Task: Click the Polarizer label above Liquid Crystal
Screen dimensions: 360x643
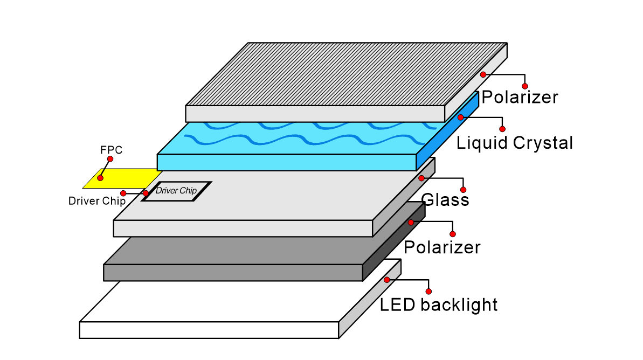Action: pyautogui.click(x=520, y=98)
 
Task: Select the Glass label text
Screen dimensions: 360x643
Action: pyautogui.click(x=445, y=200)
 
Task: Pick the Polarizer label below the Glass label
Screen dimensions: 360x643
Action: pyautogui.click(x=442, y=247)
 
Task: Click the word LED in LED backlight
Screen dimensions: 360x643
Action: pyautogui.click(x=398, y=305)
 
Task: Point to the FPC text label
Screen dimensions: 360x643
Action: pyautogui.click(x=112, y=150)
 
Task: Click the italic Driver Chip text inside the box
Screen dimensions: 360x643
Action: pyautogui.click(x=176, y=190)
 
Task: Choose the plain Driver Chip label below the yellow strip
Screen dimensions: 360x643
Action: pyautogui.click(x=97, y=202)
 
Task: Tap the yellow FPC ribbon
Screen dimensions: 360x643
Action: pyautogui.click(x=129, y=178)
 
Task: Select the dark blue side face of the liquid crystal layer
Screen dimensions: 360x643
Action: pyautogui.click(x=447, y=129)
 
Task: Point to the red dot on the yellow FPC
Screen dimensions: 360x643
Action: pyautogui.click(x=100, y=178)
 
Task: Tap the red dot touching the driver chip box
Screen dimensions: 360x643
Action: pyautogui.click(x=146, y=193)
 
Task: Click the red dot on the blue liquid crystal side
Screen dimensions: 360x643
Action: pyautogui.click(x=460, y=117)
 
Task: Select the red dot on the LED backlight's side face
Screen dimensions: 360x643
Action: pyautogui.click(x=387, y=280)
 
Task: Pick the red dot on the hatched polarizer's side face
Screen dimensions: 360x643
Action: pyautogui.click(x=483, y=74)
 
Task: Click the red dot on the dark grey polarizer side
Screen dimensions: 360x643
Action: pyautogui.click(x=411, y=222)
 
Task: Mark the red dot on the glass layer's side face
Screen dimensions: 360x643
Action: pyautogui.click(x=421, y=178)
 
